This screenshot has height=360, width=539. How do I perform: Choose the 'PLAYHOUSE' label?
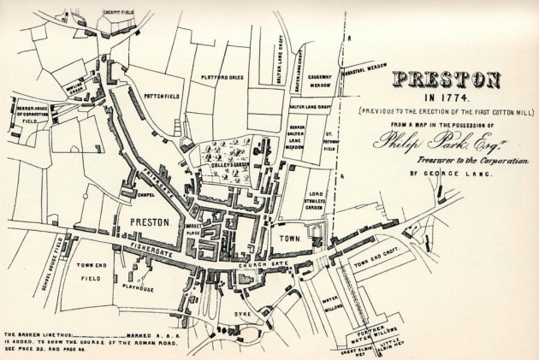pos(152,290)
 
